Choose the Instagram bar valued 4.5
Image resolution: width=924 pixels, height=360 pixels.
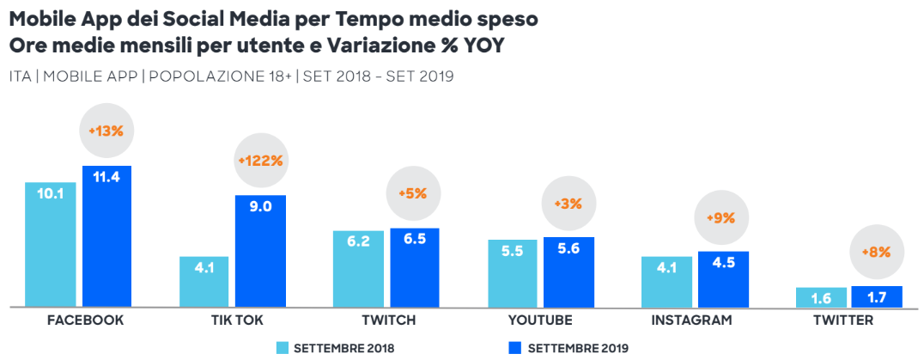(723, 279)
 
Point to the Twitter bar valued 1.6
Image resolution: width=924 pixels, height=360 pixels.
(820, 297)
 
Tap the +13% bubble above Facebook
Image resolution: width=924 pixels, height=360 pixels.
(106, 131)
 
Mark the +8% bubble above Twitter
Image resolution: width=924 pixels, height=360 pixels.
(876, 253)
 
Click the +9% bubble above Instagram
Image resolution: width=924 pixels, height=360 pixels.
(721, 218)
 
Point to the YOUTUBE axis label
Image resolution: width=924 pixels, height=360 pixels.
(541, 320)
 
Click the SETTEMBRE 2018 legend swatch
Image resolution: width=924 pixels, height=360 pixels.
(281, 348)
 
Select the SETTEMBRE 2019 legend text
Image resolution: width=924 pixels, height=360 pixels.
(578, 348)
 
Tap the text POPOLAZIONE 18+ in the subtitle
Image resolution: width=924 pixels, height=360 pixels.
(220, 76)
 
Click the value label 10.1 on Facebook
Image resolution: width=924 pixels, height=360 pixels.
(50, 193)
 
